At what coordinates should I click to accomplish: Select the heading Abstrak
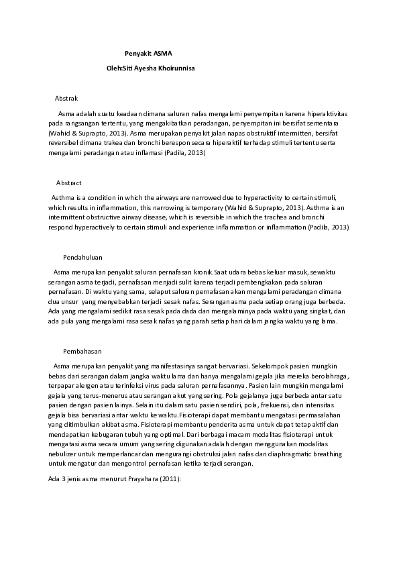pos(66,98)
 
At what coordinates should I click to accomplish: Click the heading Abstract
pos(69,183)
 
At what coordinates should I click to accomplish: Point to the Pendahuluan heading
pos(83,257)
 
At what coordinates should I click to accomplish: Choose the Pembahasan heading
pos(82,351)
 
